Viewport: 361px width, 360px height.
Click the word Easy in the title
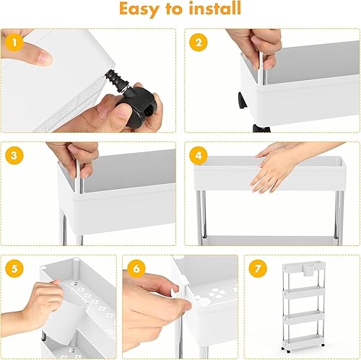[139, 9]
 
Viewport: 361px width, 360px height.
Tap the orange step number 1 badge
[14, 43]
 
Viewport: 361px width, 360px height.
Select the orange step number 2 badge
[199, 43]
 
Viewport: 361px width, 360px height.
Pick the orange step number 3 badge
[14, 155]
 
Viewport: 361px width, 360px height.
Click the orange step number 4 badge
[199, 155]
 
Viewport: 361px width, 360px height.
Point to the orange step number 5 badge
[14, 268]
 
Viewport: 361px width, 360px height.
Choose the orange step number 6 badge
[136, 268]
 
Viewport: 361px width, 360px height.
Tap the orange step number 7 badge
[258, 268]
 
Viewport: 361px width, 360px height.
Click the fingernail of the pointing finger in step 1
[45, 58]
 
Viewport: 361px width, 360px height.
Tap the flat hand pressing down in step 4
[274, 172]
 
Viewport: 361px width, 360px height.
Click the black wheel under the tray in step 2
[242, 100]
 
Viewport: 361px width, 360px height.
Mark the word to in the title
[173, 9]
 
